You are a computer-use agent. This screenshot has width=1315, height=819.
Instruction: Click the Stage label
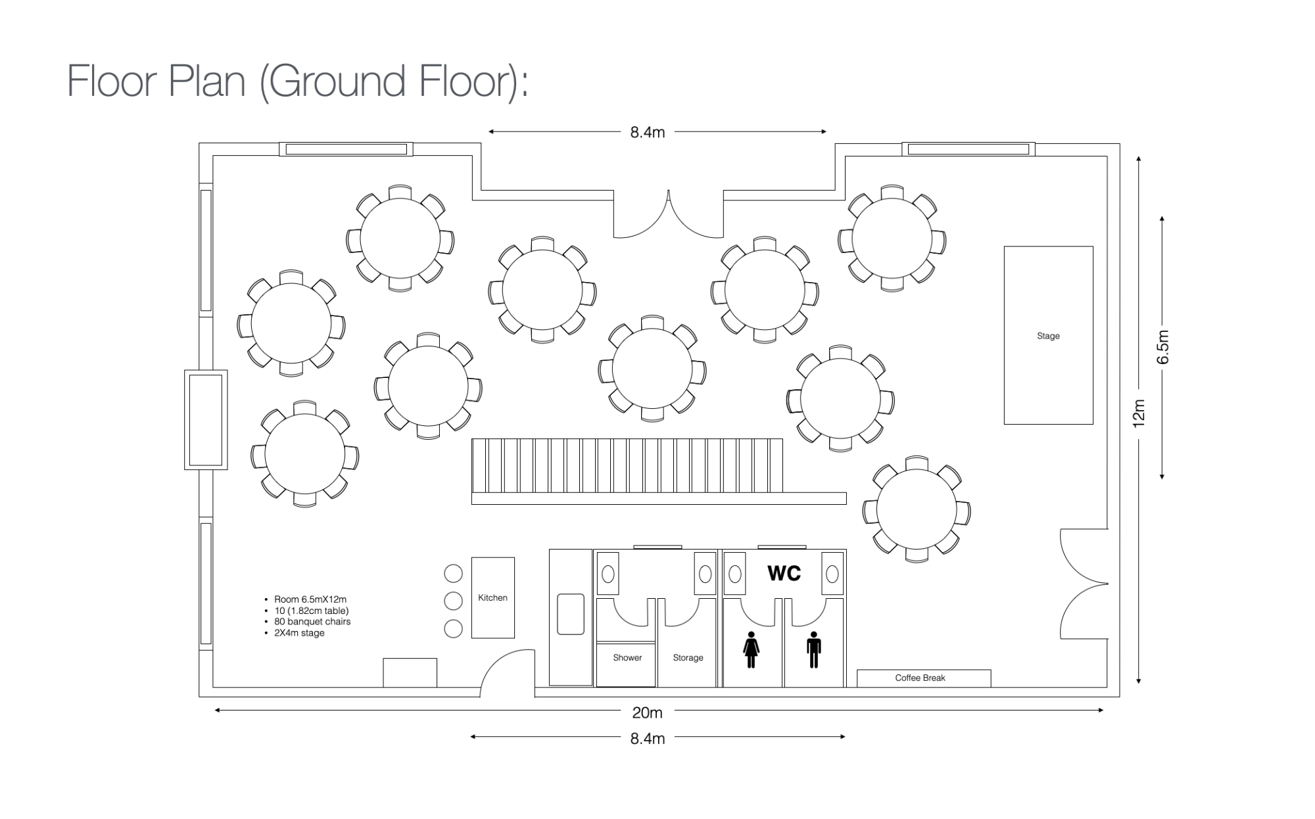[1048, 336]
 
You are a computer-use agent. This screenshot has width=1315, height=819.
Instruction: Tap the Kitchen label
[492, 597]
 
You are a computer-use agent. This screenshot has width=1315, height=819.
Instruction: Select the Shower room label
[627, 657]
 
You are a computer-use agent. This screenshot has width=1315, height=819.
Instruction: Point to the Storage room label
[688, 657]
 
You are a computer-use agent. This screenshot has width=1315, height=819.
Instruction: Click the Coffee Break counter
[924, 678]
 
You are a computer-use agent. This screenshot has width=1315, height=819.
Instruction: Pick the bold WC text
[784, 573]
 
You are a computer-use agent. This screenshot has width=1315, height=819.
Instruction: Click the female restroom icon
[751, 649]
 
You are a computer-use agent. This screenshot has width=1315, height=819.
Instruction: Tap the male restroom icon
[814, 649]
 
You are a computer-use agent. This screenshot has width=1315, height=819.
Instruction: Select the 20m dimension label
[647, 713]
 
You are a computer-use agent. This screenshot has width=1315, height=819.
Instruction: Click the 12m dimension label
[1139, 413]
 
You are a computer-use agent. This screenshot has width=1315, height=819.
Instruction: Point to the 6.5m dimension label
[1163, 347]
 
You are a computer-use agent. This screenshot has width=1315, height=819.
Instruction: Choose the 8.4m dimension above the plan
[648, 132]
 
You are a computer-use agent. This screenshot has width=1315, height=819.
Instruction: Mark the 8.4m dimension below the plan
[648, 739]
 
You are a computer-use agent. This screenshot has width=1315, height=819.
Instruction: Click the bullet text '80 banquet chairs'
[312, 621]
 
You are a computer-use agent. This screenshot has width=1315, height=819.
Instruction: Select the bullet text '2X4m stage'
[299, 633]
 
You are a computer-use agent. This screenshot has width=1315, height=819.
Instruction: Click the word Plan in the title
[207, 81]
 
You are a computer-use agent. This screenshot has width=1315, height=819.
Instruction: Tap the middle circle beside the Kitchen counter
[453, 601]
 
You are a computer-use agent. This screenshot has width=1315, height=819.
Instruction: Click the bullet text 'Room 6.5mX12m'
[310, 599]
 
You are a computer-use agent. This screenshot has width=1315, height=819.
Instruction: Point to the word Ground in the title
[340, 81]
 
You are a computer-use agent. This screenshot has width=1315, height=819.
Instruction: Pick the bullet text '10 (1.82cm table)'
[312, 610]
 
